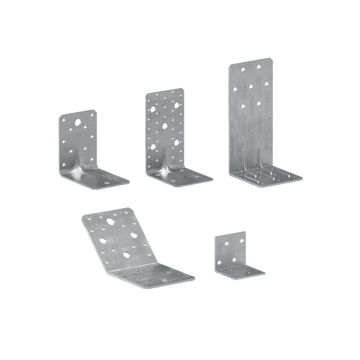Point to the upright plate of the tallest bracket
point(251,108)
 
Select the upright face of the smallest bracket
point(230,249)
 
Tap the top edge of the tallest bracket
point(251,61)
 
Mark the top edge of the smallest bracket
point(230,233)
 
